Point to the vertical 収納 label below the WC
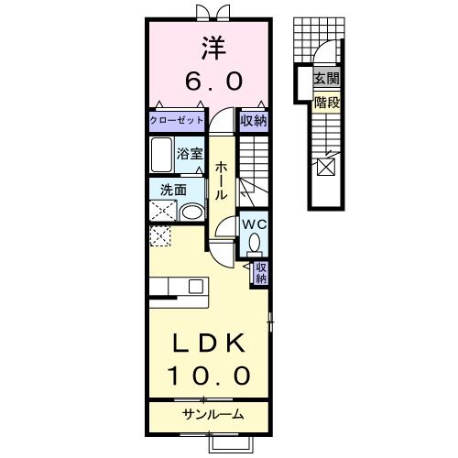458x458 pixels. tap(261, 273)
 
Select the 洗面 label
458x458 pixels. tap(173, 191)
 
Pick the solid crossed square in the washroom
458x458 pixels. tap(162, 212)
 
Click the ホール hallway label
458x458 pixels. tap(223, 181)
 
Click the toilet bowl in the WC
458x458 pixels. tap(254, 242)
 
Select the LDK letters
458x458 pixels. tap(210, 343)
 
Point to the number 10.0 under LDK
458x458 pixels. tap(210, 376)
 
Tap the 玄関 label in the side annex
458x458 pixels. tap(326, 81)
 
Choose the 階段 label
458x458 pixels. tap(326, 103)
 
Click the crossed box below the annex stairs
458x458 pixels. tap(326, 167)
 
